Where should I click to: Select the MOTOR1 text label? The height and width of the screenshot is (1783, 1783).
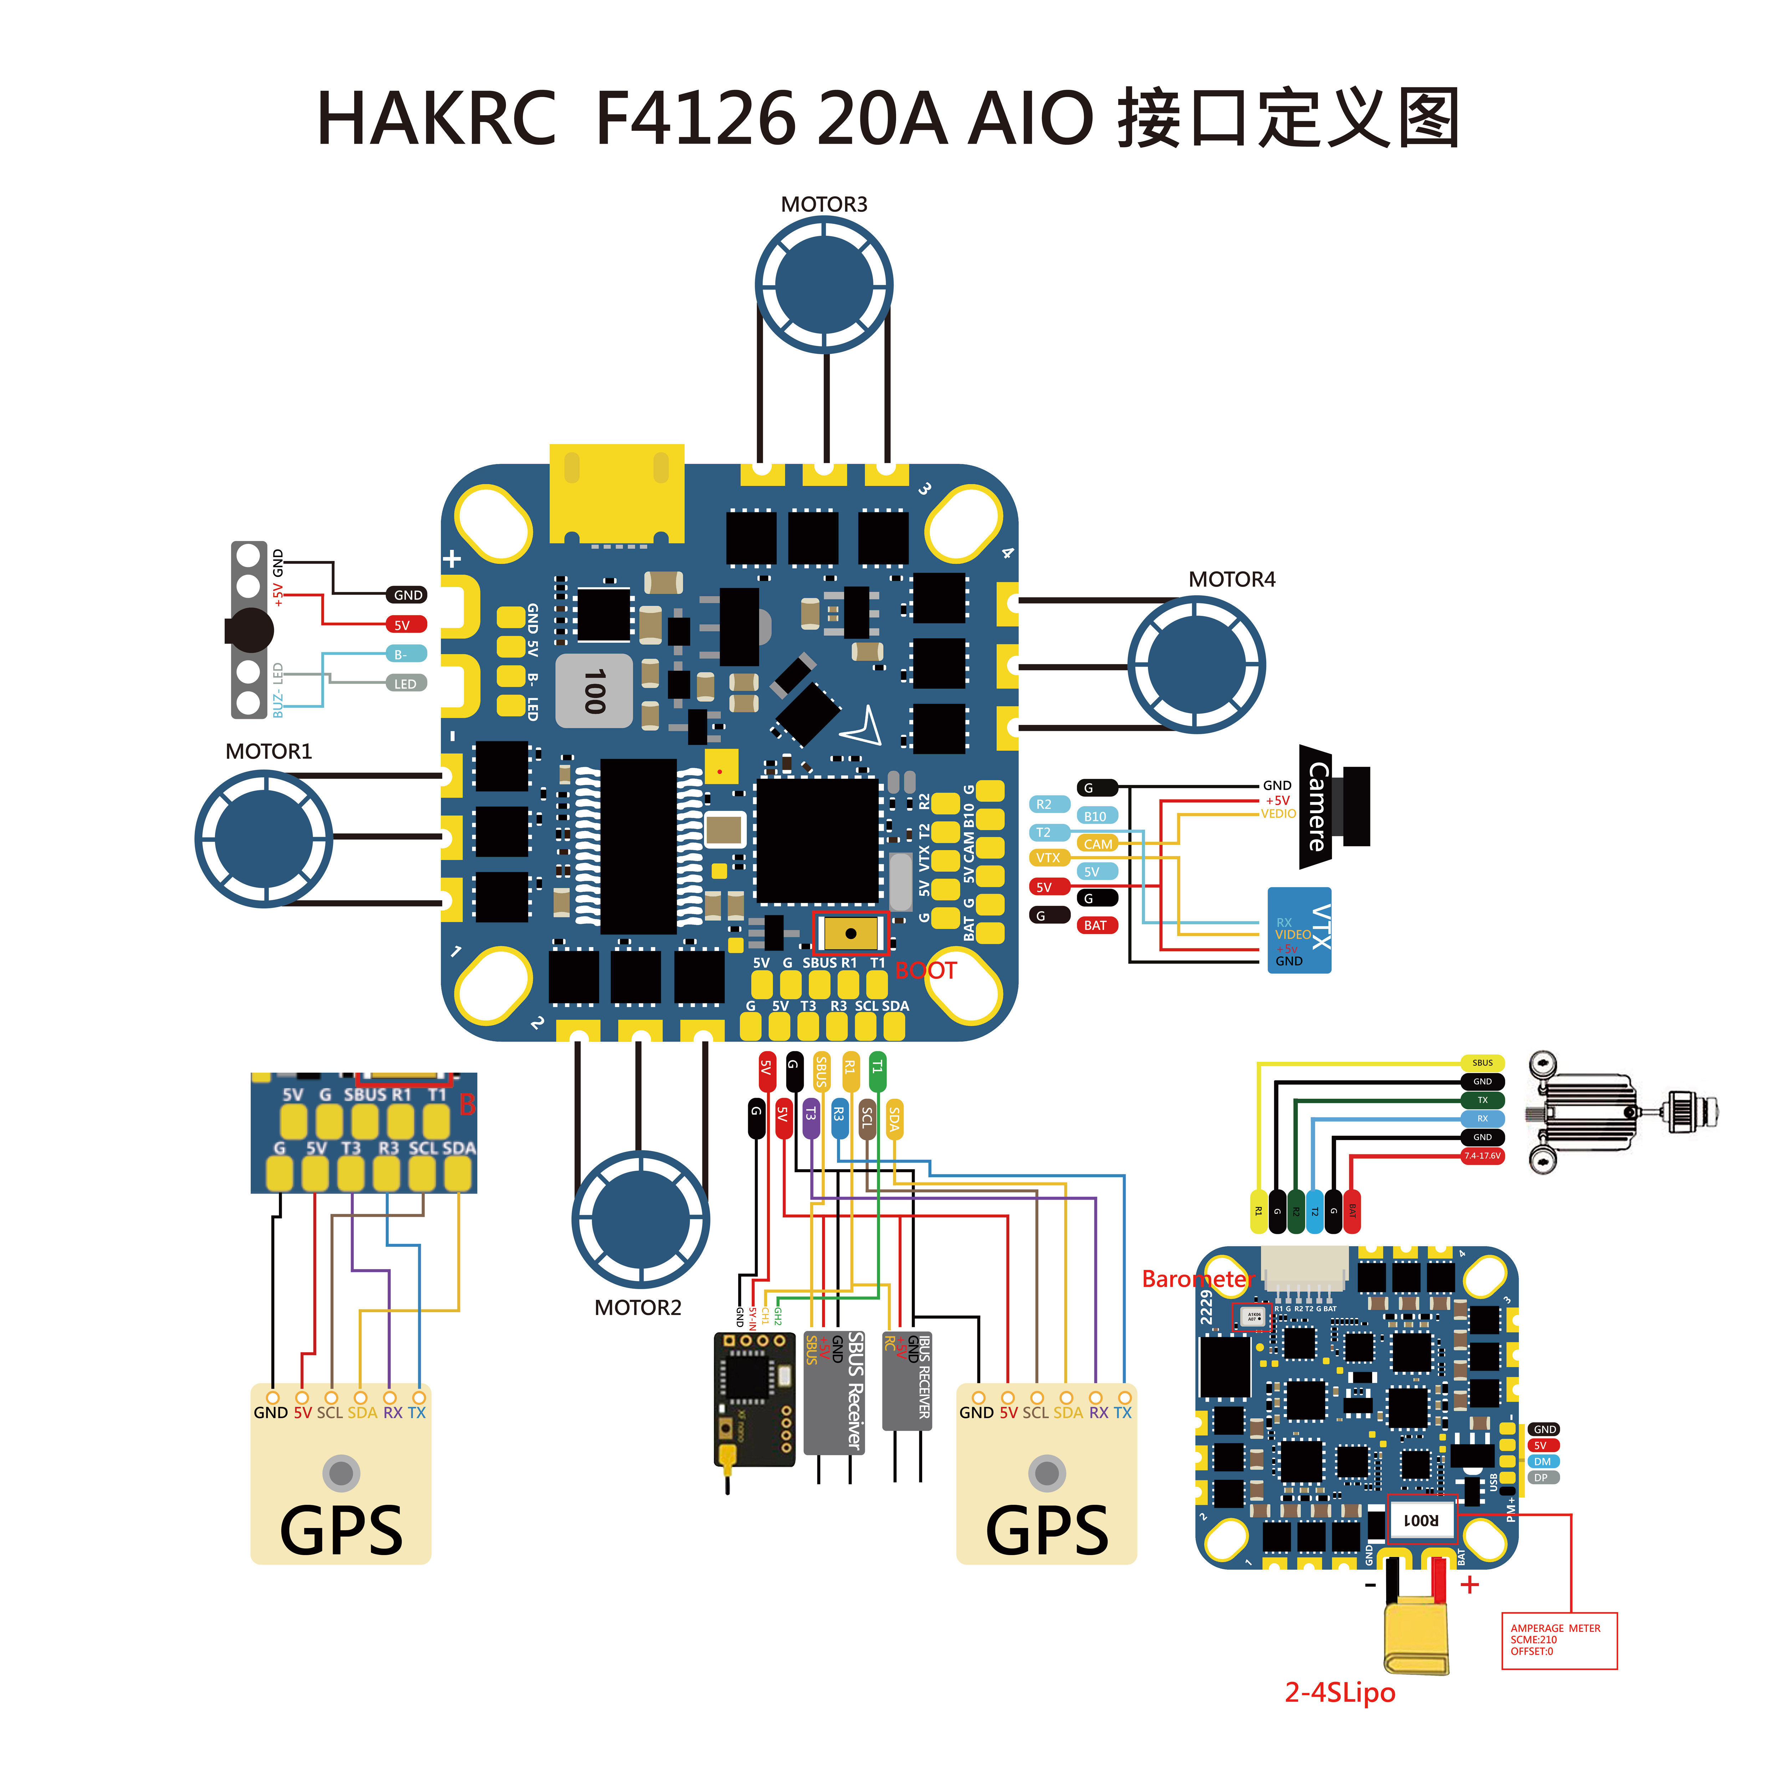269,751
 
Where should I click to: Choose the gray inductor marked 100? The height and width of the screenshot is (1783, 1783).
593,691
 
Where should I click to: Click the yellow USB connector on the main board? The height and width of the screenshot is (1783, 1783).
617,494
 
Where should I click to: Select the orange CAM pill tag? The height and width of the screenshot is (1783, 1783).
1097,843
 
